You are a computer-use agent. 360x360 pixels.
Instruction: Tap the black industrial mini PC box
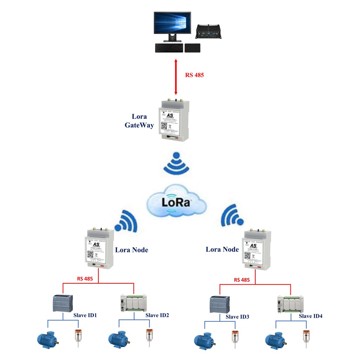pyautogui.click(x=210, y=31)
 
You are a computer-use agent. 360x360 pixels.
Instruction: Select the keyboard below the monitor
pyautogui.click(x=169, y=48)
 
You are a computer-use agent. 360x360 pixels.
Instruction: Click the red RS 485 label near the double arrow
pyautogui.click(x=194, y=75)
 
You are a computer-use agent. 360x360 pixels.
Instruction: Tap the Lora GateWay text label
pyautogui.click(x=140, y=121)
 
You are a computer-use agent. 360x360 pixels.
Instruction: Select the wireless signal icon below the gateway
pyautogui.click(x=176, y=164)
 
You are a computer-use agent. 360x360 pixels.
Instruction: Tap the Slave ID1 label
pyautogui.click(x=85, y=315)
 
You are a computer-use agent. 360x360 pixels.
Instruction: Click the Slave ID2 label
pyautogui.click(x=157, y=315)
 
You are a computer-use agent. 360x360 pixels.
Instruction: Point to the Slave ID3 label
pyautogui.click(x=237, y=317)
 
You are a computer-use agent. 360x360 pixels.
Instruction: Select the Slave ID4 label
pyautogui.click(x=310, y=316)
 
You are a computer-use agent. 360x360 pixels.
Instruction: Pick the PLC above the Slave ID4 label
pyautogui.click(x=291, y=304)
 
